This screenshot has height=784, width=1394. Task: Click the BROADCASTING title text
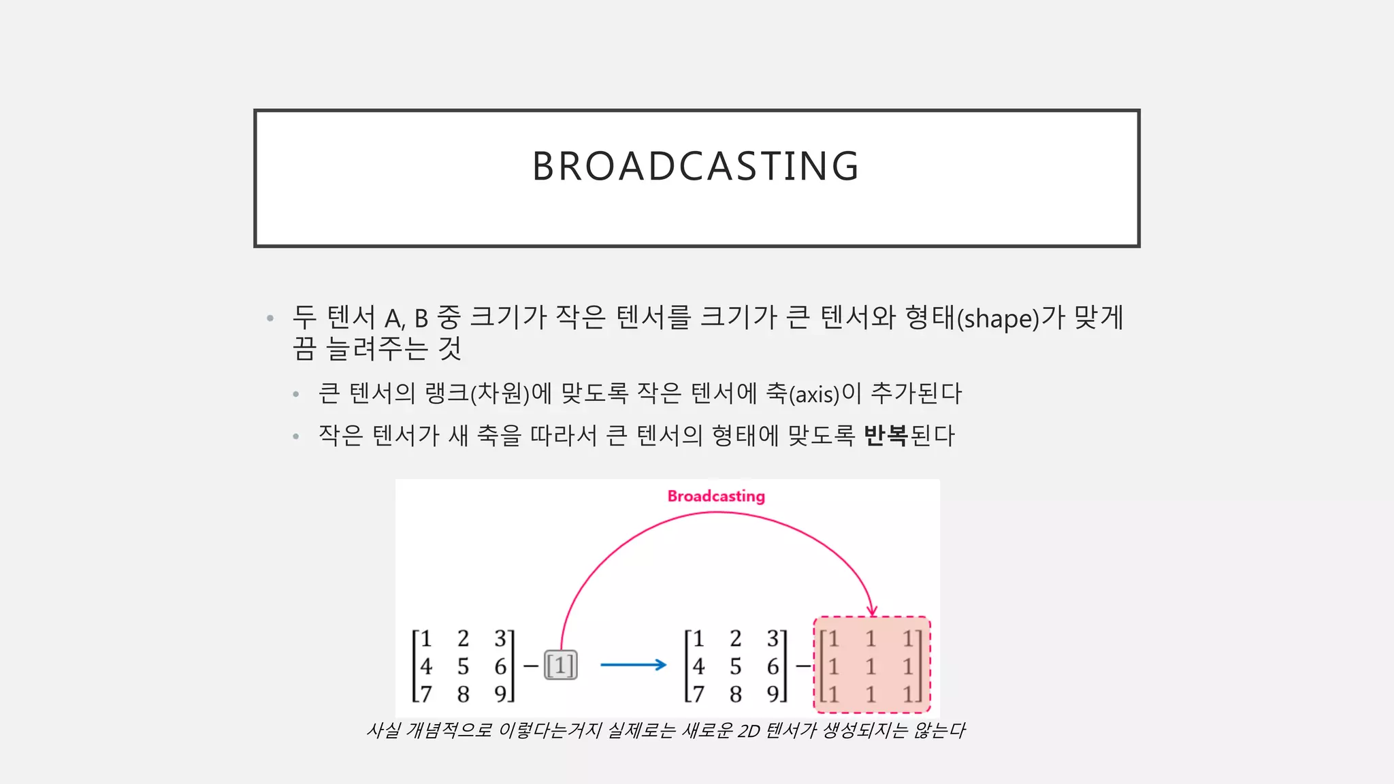[696, 166]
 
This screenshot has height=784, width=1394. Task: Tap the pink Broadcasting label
[716, 496]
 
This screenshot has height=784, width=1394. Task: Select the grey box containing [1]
[561, 665]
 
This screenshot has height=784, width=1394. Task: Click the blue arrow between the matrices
[633, 665]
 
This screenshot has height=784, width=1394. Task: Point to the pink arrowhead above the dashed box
[872, 610]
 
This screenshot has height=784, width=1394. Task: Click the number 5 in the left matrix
[463, 666]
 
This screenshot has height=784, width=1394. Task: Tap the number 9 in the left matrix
[500, 694]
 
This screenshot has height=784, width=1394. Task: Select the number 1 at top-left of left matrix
[426, 639]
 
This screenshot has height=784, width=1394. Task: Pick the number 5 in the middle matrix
[735, 666]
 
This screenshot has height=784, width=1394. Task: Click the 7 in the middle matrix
[698, 694]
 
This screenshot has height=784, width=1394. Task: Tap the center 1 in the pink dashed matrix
[871, 666]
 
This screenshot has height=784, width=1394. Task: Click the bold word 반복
[886, 436]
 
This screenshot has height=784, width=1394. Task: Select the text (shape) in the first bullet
[998, 318]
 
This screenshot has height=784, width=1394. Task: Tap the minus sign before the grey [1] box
[531, 666]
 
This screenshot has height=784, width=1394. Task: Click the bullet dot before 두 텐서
[270, 318]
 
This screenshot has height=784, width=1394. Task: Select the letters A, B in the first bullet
[406, 318]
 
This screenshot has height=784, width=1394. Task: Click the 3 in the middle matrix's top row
[773, 639]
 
